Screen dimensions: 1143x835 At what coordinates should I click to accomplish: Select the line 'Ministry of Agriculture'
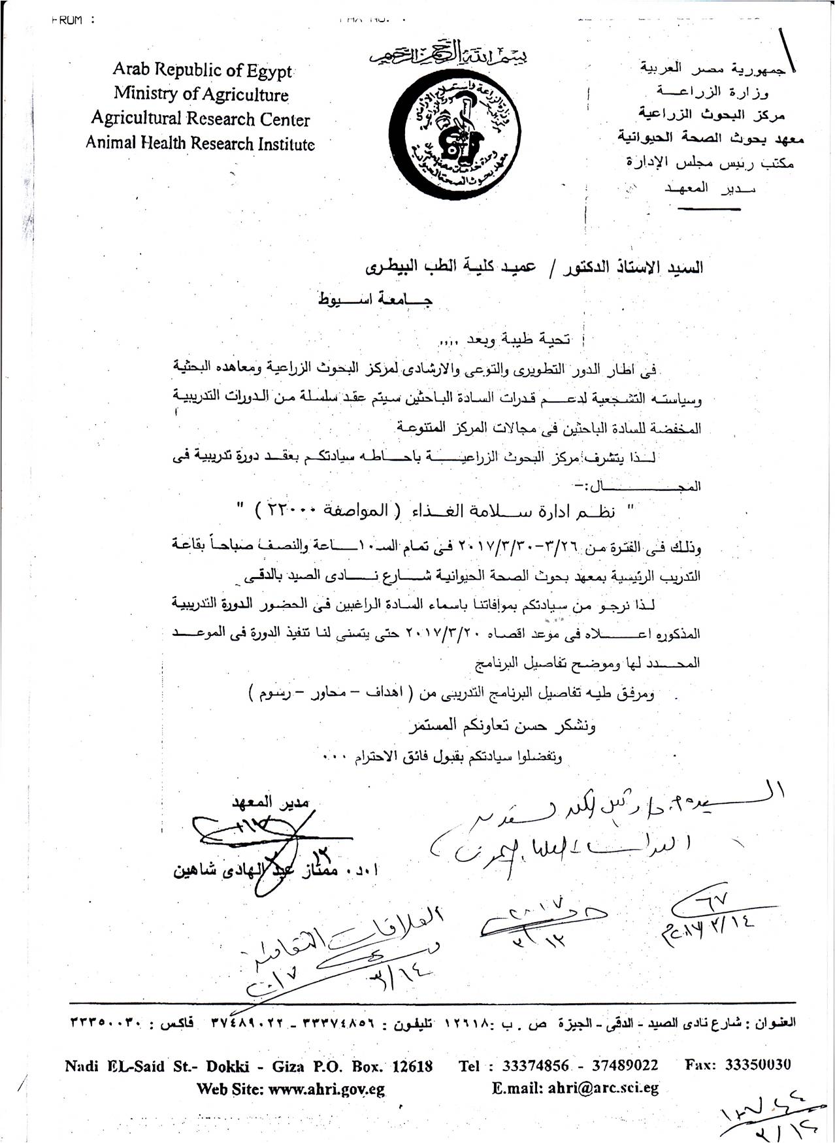point(201,94)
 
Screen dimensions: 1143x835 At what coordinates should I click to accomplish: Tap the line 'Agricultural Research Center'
point(200,119)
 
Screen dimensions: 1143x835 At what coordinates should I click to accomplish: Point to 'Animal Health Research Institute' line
point(200,143)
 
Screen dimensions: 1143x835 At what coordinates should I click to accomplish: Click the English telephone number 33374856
point(537,1066)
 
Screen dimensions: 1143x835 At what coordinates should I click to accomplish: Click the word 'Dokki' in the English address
point(229,1067)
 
